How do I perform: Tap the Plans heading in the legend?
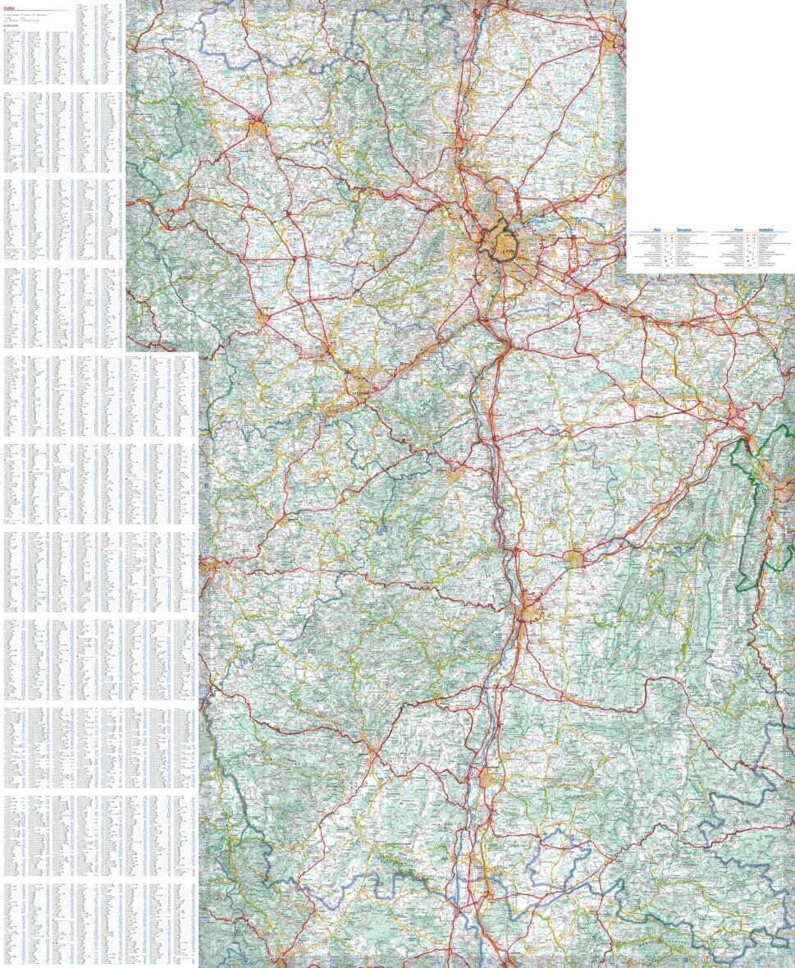click(x=656, y=231)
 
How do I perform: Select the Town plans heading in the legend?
click(x=687, y=231)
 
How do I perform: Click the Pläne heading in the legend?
click(x=738, y=231)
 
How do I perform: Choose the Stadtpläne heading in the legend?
click(x=769, y=231)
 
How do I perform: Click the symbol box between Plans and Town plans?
click(x=669, y=250)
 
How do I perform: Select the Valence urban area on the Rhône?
click(x=529, y=612)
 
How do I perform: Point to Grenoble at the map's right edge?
click(x=779, y=493)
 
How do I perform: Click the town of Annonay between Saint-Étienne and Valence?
click(x=456, y=474)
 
